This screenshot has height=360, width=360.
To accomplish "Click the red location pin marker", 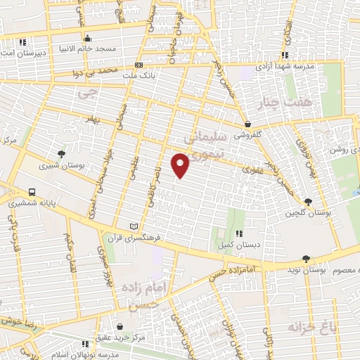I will (181, 167).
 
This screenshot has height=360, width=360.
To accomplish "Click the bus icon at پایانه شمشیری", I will (32, 192).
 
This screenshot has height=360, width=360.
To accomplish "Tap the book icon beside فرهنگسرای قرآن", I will (134, 226).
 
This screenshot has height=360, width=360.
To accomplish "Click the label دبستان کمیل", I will (239, 244).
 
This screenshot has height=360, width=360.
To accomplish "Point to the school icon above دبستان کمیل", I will (239, 233).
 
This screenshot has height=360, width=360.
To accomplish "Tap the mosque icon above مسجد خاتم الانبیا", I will (87, 38).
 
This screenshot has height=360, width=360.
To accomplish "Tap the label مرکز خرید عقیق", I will (121, 337).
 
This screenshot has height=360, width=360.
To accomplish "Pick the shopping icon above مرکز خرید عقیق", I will (121, 327).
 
